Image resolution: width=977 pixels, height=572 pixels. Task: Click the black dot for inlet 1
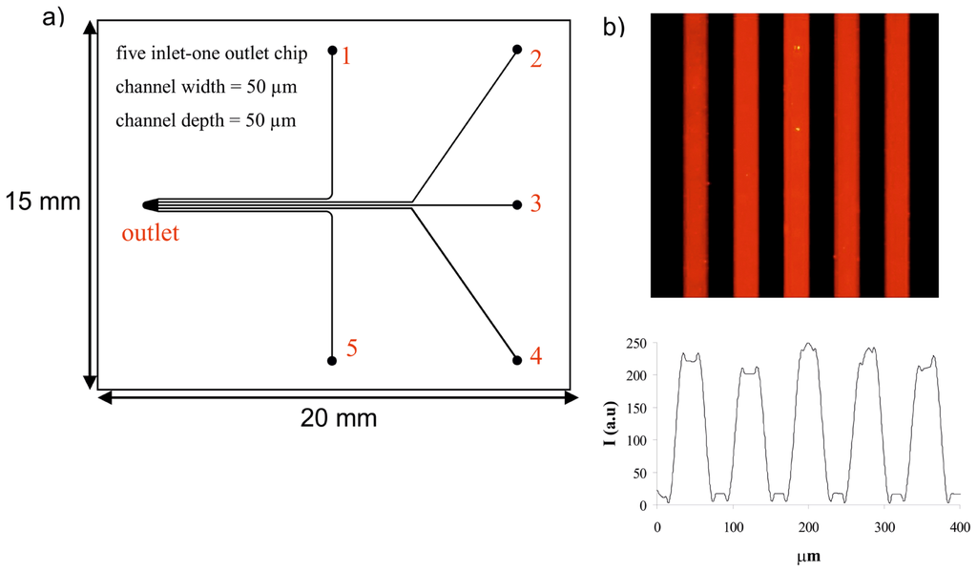click(332, 50)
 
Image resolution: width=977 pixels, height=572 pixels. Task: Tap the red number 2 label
click(535, 60)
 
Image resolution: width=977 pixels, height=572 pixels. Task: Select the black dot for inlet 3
click(517, 204)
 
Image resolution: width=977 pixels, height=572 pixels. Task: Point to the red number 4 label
click(536, 356)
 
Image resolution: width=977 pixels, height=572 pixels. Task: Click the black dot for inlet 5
click(331, 361)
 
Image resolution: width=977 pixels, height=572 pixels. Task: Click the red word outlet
click(150, 232)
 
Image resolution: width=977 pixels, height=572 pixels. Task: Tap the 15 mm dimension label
click(42, 201)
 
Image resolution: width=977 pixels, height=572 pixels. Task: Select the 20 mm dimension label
click(338, 417)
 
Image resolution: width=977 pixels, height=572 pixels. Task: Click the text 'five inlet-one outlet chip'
click(211, 53)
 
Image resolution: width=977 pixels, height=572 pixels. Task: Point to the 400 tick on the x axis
click(960, 526)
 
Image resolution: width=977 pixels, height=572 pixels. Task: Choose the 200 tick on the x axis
click(808, 526)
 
